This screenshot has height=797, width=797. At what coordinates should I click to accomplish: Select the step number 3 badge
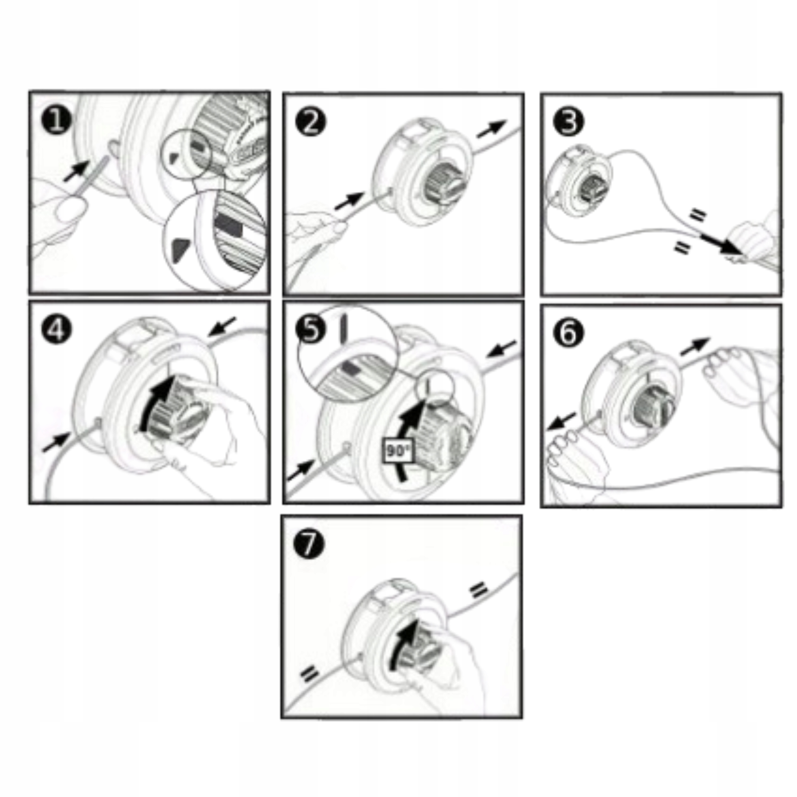point(568,122)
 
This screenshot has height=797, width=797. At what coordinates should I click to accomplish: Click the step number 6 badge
point(569,332)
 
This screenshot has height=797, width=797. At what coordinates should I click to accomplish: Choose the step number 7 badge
point(309,544)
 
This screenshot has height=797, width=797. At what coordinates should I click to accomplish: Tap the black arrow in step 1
point(76,170)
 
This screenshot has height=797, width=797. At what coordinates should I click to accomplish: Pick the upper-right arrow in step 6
point(695,346)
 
